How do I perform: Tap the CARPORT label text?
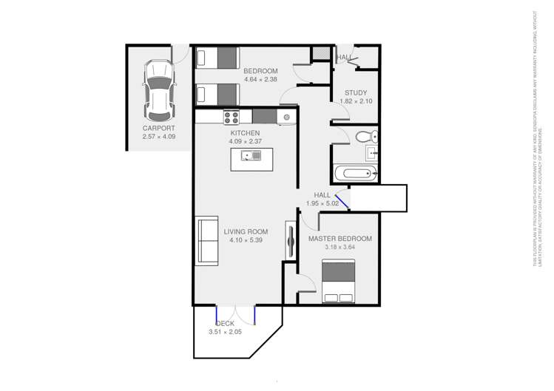tap(159, 128)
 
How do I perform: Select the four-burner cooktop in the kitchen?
tap(232, 116)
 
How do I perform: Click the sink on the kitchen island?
tap(252, 155)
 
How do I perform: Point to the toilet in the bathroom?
tap(365, 136)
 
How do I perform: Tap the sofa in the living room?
tap(207, 241)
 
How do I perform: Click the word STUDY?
tap(356, 93)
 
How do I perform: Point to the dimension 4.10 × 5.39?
tap(246, 240)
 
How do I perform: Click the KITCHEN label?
tap(245, 133)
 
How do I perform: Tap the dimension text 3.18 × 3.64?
tap(340, 248)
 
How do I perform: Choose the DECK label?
tap(225, 324)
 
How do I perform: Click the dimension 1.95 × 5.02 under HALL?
tap(322, 203)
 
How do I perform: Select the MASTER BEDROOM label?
tap(340, 239)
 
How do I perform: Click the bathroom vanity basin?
tap(373, 154)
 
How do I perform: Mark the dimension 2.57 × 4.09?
tap(159, 137)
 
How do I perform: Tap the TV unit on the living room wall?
tap(290, 239)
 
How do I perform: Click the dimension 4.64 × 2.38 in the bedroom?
tap(260, 80)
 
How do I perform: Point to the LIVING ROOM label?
tap(246, 231)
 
